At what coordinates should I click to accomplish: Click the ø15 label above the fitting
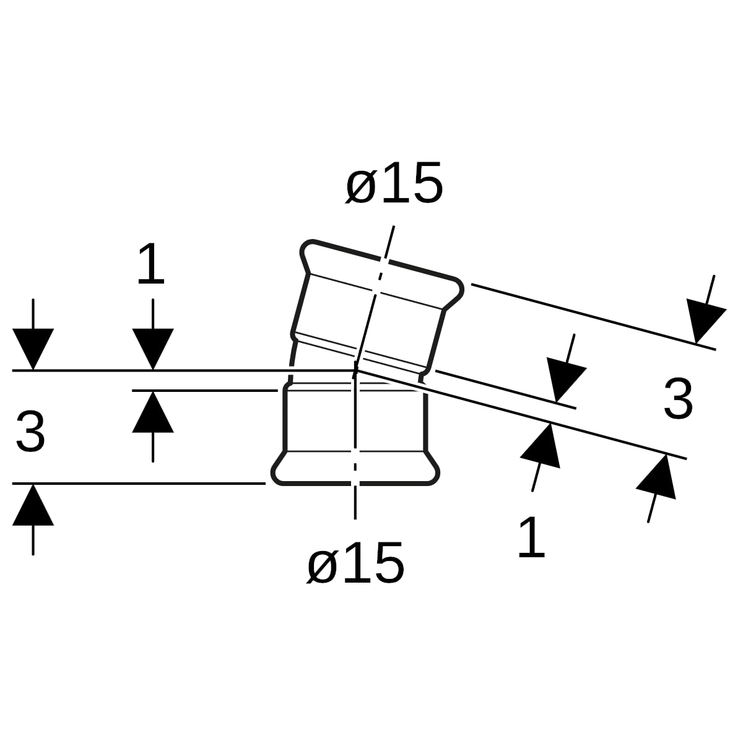click(394, 183)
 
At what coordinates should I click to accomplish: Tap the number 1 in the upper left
click(151, 264)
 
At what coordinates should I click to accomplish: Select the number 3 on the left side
click(30, 432)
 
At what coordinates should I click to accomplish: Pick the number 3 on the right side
click(678, 399)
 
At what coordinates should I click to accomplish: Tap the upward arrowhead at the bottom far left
click(33, 505)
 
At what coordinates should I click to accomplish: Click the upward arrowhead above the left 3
click(153, 412)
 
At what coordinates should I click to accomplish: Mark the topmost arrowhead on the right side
click(705, 321)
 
